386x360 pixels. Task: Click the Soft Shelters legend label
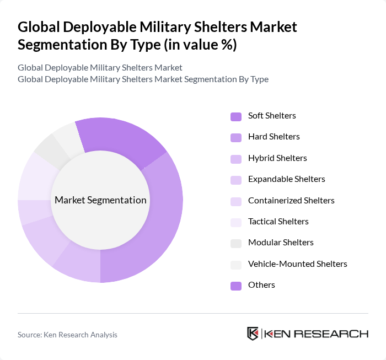[x=272, y=116]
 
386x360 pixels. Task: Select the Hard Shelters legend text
[x=274, y=137]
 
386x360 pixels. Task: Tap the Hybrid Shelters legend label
[x=277, y=158]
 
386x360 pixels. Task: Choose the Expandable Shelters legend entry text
[x=286, y=179]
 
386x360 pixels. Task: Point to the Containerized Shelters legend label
[x=291, y=200]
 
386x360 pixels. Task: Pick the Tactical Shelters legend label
[x=278, y=222]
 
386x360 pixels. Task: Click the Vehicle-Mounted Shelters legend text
[x=297, y=264]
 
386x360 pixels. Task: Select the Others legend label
[x=261, y=285]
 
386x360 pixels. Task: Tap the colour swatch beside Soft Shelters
[x=235, y=116]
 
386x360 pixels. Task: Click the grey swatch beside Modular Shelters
[x=235, y=243]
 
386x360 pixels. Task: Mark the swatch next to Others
[x=235, y=286]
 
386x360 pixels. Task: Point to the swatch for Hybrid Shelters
[x=235, y=159]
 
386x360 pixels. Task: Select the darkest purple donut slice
[x=121, y=138]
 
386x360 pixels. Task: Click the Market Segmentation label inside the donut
[x=100, y=200]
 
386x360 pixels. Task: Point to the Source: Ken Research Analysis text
[x=67, y=335]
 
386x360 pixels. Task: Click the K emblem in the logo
[x=253, y=334]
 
